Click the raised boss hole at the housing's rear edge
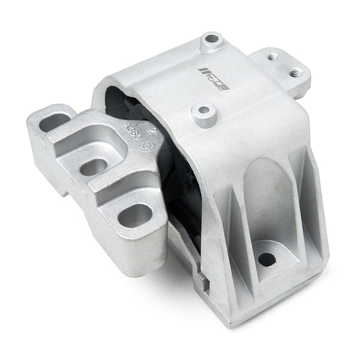click(210, 40)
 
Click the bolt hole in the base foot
click(266, 259)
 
